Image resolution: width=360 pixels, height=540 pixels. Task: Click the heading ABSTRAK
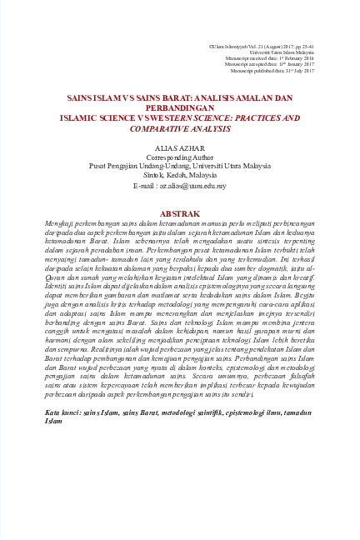point(179,214)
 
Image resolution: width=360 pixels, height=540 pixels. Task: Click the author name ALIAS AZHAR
point(180,147)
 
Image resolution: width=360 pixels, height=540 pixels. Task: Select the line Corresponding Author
point(180,157)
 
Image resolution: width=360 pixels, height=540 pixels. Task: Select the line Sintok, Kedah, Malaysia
point(180,175)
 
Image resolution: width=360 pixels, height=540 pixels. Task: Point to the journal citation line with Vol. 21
point(262,45)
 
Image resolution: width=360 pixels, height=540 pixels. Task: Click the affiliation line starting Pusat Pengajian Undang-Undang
point(180,166)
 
